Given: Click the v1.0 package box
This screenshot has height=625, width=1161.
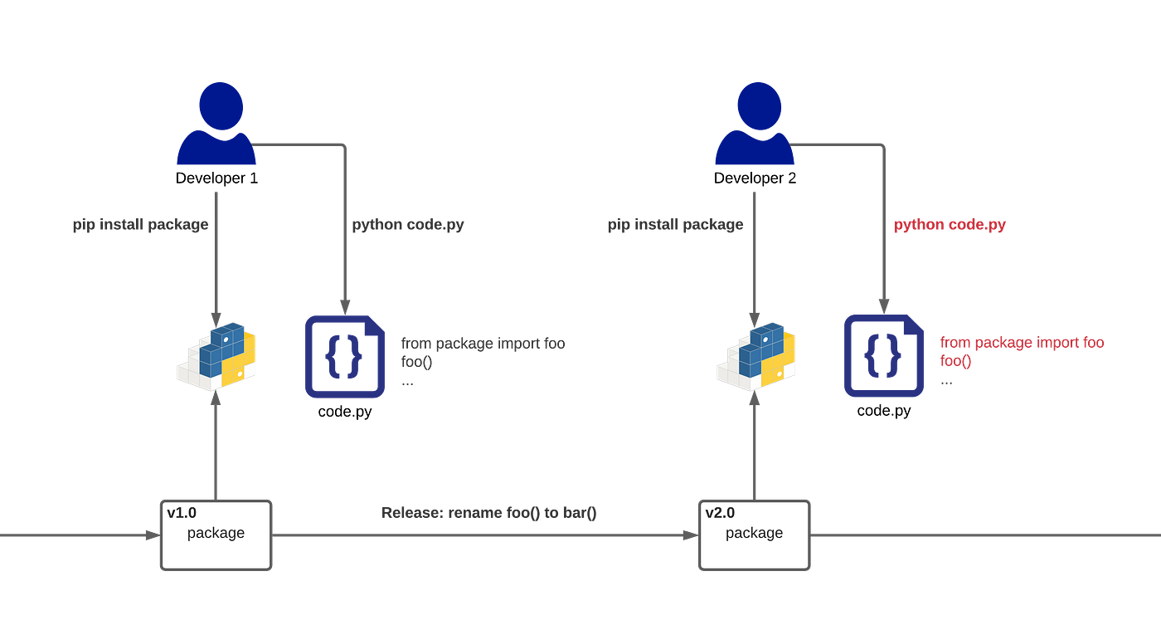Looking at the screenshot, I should click(216, 535).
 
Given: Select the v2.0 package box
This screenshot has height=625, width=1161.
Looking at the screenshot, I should click(755, 535).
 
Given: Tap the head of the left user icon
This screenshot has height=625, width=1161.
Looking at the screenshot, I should click(221, 105).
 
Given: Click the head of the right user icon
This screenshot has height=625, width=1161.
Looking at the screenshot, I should click(759, 105).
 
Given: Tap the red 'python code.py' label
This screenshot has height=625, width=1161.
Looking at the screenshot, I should click(949, 225).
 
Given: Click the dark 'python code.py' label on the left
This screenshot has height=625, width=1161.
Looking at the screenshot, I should click(407, 225).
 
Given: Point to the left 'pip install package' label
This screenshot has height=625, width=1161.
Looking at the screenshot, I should click(139, 225).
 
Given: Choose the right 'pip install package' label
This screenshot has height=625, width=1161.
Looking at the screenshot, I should click(675, 225).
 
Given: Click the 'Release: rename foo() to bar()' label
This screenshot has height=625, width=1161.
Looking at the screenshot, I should click(489, 513).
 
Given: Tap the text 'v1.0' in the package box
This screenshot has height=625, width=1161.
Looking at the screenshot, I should click(182, 513).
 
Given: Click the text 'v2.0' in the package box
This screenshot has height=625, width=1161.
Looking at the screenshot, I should click(720, 513).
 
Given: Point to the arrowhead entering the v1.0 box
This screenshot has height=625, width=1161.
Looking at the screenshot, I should click(150, 536).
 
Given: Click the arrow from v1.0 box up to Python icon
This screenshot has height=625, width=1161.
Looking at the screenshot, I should click(216, 448).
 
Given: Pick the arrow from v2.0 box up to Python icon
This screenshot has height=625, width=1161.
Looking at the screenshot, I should click(755, 448).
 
